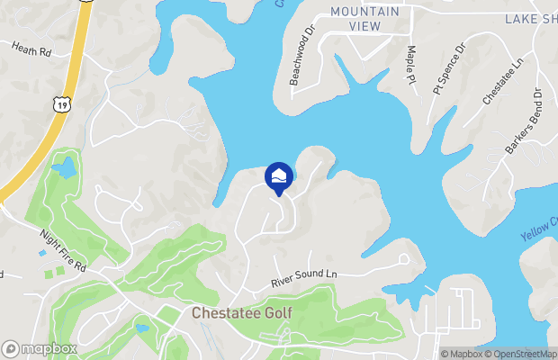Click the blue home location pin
(279, 176)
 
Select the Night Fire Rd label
(62, 251)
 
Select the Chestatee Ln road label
(502, 82)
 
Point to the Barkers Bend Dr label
(525, 122)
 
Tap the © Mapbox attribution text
(462, 354)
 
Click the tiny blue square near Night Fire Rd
(43, 253)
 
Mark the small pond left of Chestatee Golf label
(142, 328)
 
